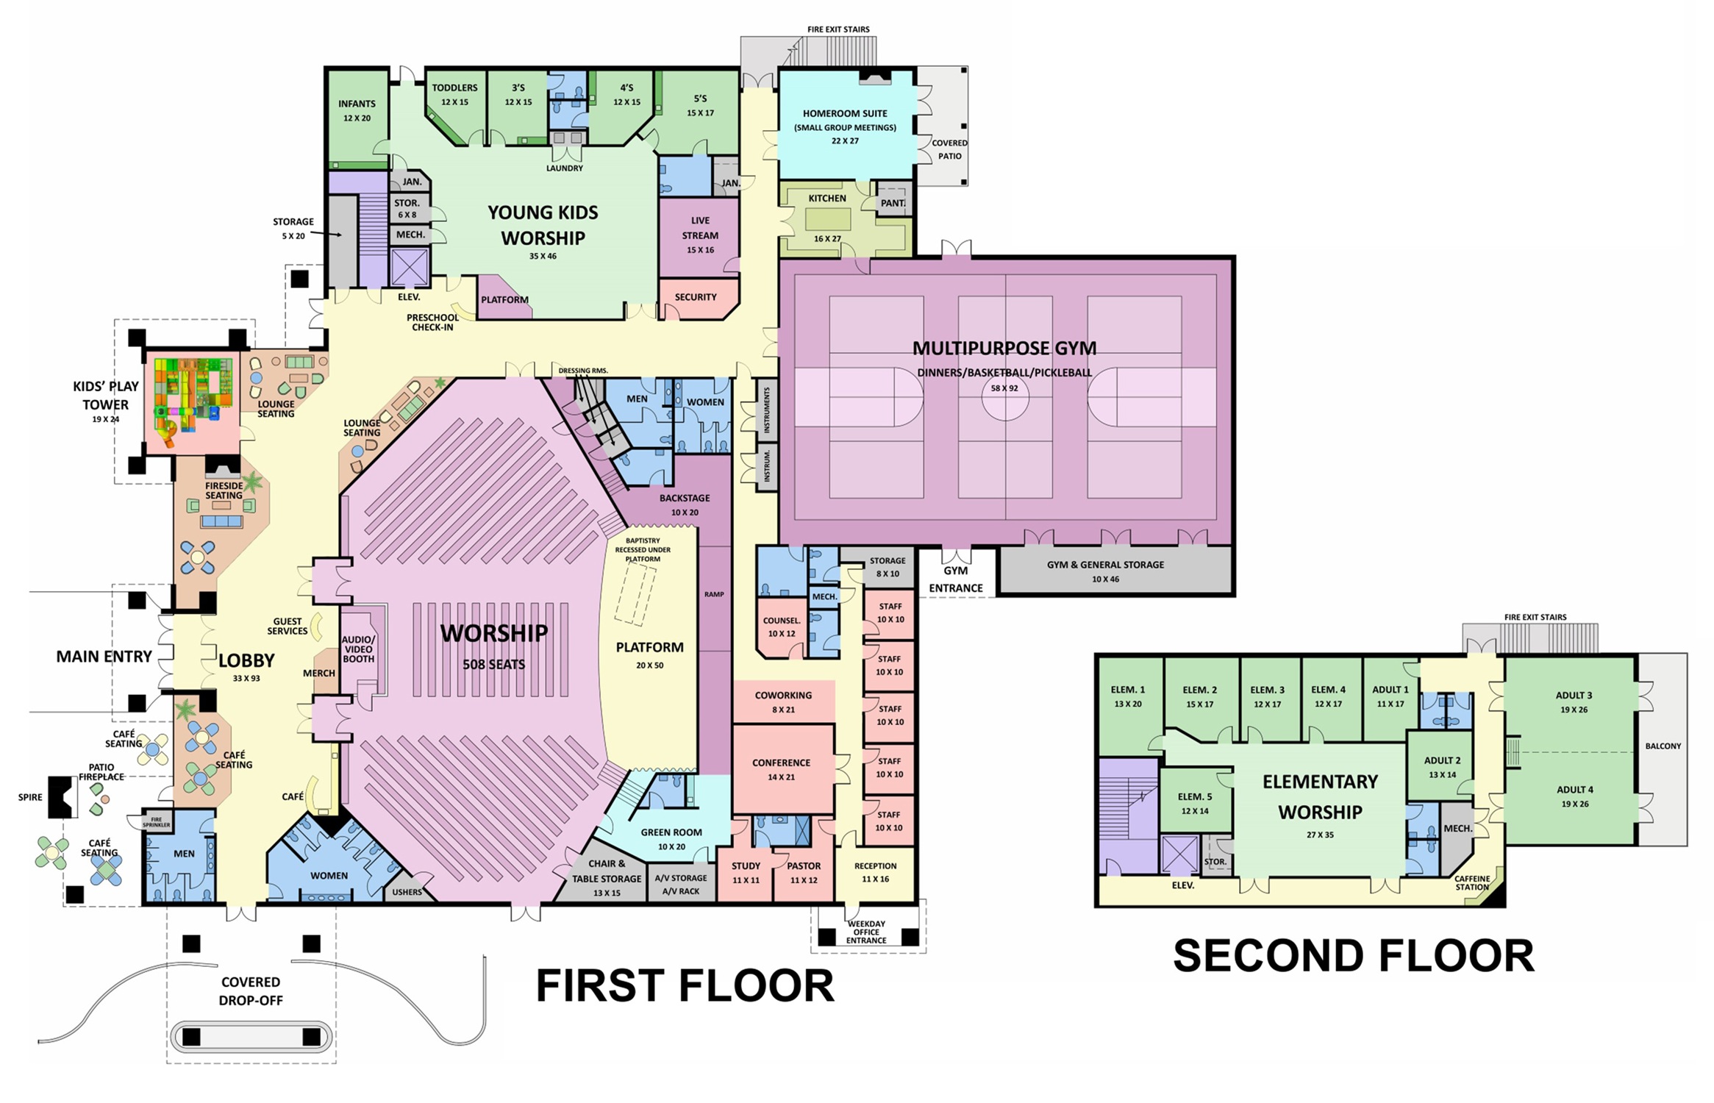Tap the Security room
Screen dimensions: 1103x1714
tap(696, 298)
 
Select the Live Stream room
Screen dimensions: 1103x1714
tap(699, 235)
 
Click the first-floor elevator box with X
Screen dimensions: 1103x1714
tap(410, 268)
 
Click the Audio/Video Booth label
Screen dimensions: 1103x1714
tap(358, 649)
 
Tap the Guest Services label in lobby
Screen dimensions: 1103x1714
tap(287, 626)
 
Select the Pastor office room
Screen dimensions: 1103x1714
tap(803, 873)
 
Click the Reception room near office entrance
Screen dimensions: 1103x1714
tap(875, 873)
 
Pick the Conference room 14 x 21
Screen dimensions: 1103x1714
tap(782, 769)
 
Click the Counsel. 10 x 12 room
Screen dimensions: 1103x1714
tap(781, 627)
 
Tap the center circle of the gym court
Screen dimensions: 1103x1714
tap(1004, 398)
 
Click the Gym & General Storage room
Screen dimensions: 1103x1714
tap(1105, 571)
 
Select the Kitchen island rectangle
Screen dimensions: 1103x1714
tap(828, 219)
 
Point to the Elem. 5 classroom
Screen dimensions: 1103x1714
tap(1194, 803)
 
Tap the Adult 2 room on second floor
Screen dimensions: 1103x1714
tap(1442, 767)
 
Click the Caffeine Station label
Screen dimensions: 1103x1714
tap(1471, 883)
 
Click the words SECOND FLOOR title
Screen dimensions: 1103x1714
tap(1353, 956)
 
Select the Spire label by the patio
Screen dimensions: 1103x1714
tap(30, 797)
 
